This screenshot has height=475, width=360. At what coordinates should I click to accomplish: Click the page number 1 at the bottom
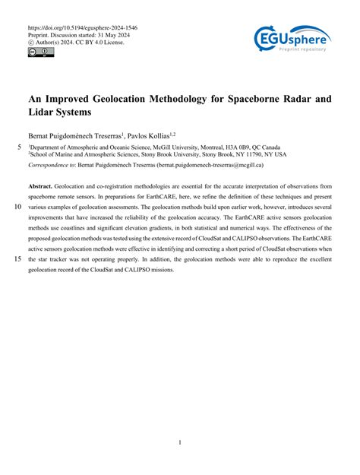[179, 442]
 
